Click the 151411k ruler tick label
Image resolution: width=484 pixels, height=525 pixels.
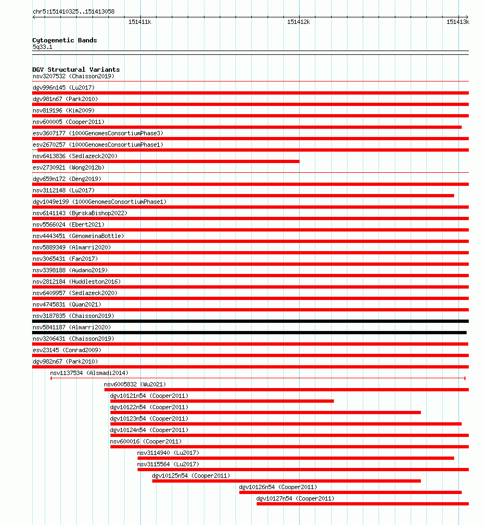140,22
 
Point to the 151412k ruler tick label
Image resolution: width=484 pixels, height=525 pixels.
299,22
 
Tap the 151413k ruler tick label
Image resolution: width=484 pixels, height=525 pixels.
457,22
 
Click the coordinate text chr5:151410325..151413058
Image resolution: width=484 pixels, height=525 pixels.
73,11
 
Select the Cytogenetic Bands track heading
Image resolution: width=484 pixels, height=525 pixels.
65,40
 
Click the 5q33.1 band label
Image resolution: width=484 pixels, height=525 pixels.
42,47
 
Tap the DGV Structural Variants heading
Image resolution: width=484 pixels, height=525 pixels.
76,70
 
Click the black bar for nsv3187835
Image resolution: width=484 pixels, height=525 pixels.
250,321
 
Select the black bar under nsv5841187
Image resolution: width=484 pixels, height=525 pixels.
249,333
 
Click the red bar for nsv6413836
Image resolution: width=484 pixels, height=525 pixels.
166,161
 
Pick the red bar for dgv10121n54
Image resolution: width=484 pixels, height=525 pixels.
222,401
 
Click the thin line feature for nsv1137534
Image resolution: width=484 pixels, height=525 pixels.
258,378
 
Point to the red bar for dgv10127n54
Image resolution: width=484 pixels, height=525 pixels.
362,504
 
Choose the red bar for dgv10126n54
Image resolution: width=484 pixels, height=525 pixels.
350,492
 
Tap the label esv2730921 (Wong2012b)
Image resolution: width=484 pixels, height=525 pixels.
68,167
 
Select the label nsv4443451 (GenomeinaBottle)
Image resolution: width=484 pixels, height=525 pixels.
78,236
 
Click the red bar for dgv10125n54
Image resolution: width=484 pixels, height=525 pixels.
286,481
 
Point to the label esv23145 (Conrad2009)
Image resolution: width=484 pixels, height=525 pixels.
67,350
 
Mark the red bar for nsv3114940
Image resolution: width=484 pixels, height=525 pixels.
295,458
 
